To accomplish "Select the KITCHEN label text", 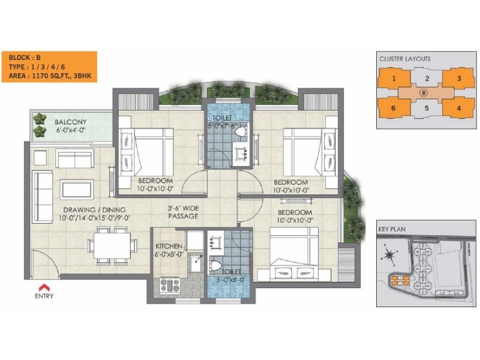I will pyautogui.click(x=169, y=246).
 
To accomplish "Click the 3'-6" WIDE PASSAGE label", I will pyautogui.click(x=183, y=212).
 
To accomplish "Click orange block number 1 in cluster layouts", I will pyautogui.click(x=393, y=79).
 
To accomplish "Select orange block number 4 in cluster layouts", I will pyautogui.click(x=458, y=109).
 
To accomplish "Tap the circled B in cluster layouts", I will pyautogui.click(x=424, y=93).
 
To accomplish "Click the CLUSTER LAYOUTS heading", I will pyautogui.click(x=405, y=59).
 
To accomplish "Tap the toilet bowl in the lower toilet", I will pyautogui.click(x=217, y=264).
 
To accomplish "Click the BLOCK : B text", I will pyautogui.click(x=25, y=58).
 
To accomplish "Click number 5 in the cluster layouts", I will pyautogui.click(x=425, y=109).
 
